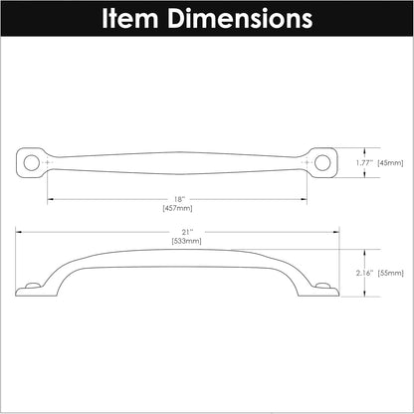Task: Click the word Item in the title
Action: click(x=133, y=18)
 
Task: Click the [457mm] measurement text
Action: click(x=178, y=208)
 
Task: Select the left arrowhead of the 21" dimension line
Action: click(x=18, y=231)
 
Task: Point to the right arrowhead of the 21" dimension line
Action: click(x=337, y=231)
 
